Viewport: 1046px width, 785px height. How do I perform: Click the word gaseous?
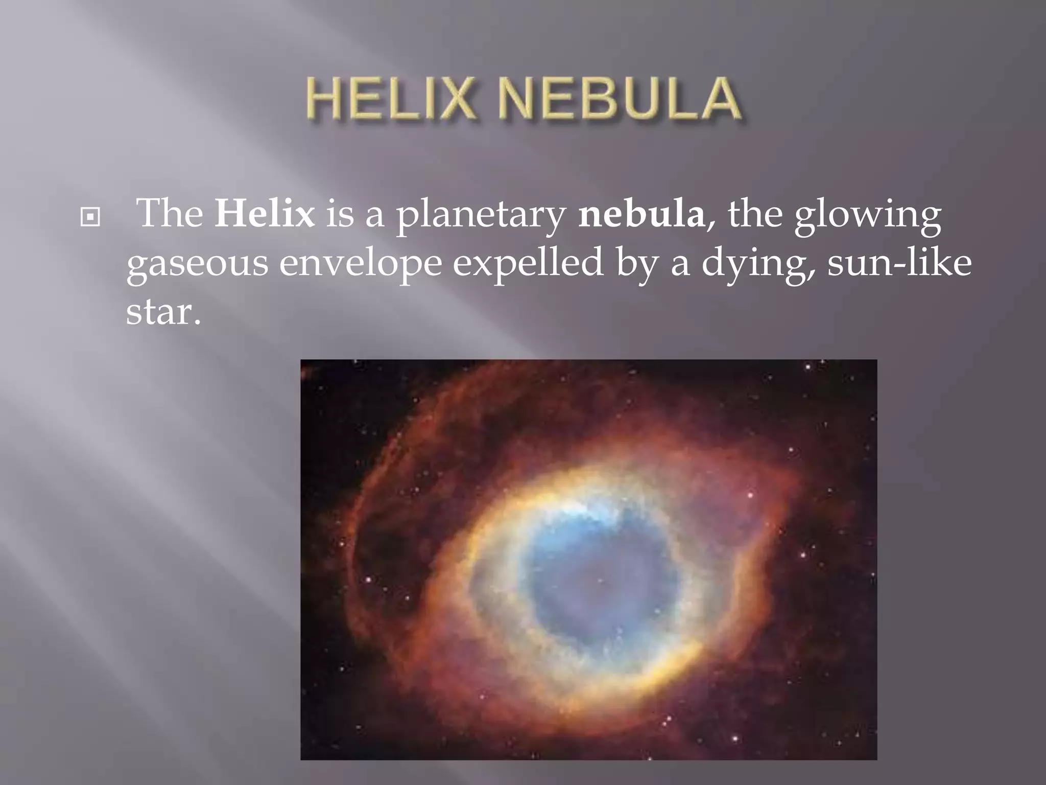click(197, 265)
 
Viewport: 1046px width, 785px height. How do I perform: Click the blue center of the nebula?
click(592, 578)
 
